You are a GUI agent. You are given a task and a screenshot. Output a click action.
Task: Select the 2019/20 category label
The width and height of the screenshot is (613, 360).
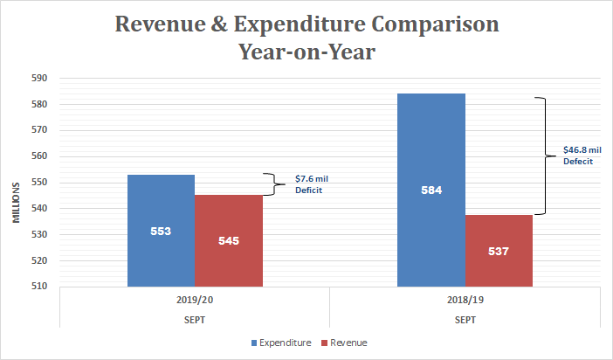[x=194, y=299]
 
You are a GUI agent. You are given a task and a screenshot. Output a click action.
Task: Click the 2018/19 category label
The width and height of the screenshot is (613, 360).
[x=465, y=299]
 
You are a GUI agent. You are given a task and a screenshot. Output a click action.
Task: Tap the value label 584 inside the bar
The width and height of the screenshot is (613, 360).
[x=430, y=190]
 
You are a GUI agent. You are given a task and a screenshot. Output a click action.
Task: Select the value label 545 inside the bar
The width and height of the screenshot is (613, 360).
[x=228, y=240]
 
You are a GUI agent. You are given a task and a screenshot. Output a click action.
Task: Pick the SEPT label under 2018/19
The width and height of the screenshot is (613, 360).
[x=465, y=319]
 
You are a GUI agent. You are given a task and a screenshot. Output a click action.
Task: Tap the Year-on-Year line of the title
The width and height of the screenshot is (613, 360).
[x=306, y=52]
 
